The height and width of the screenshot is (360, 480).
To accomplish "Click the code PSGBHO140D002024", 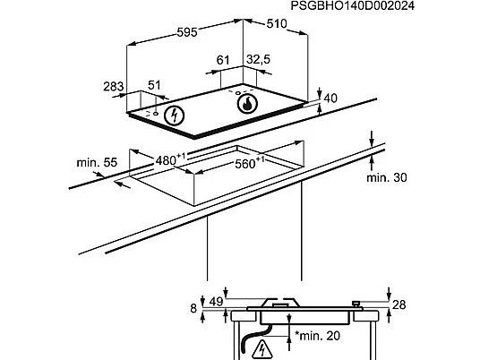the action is pos(352,5).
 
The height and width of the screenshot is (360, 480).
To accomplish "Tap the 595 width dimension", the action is pos(187,32).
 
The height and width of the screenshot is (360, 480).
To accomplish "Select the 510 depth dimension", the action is pos(277,23).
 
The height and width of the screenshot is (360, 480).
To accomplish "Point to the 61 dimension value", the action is pos(223,60).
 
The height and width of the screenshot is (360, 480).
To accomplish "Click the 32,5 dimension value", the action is pos(259,59).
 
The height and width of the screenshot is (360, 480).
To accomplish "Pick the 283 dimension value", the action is pos(113,87).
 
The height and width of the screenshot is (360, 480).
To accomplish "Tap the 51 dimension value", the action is pos(154,85).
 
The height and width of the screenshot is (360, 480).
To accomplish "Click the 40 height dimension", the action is pos(330,99).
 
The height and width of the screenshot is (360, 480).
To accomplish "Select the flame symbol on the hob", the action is pos(247,103).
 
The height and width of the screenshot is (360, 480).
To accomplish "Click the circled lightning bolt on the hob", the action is pos(175,116).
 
